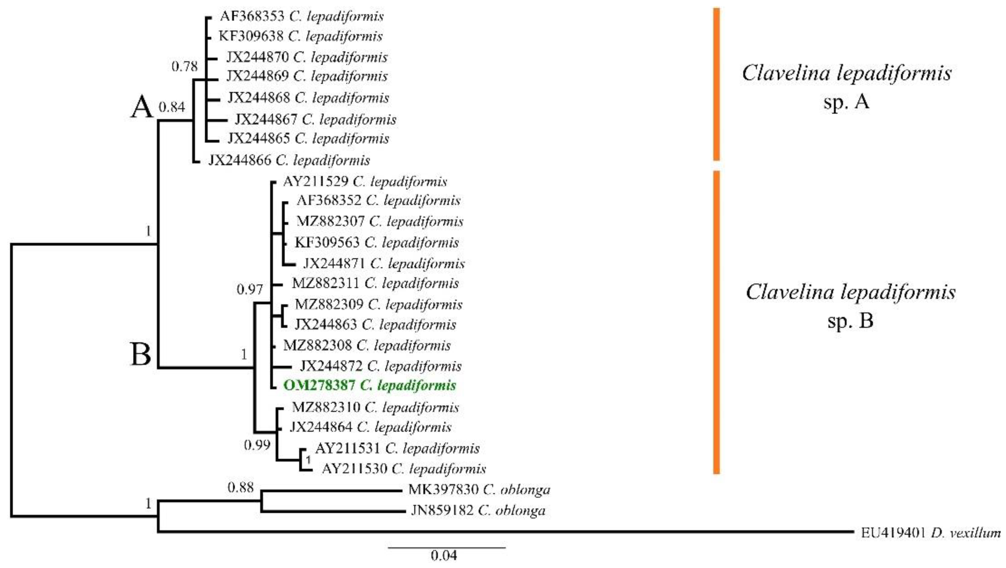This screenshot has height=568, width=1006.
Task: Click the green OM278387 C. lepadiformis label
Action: coord(369,385)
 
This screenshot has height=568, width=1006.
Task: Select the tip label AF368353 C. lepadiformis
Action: coord(301,16)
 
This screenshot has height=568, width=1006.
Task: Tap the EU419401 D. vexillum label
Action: coord(931,533)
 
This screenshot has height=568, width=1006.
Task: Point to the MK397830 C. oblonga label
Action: coord(479,490)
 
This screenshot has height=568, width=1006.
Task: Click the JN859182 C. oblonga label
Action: coord(478,510)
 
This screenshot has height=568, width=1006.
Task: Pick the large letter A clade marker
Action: coord(141,108)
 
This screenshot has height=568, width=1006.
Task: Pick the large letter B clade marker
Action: coord(141,355)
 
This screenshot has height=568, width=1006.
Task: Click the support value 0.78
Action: coord(185,67)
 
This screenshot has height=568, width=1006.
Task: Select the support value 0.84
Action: coord(172,106)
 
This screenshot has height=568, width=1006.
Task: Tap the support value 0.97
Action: coord(250,289)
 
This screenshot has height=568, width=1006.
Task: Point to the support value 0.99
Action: coord(257,445)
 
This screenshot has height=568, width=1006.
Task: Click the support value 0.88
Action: coord(241,487)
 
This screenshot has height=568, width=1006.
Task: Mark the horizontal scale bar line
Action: coord(446,548)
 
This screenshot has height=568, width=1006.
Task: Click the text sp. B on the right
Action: coord(850,321)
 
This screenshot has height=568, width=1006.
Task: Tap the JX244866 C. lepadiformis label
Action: coord(289,160)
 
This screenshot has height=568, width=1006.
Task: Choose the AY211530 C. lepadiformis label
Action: coord(404,469)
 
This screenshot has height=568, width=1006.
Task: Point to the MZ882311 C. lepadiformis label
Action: coord(375,283)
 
